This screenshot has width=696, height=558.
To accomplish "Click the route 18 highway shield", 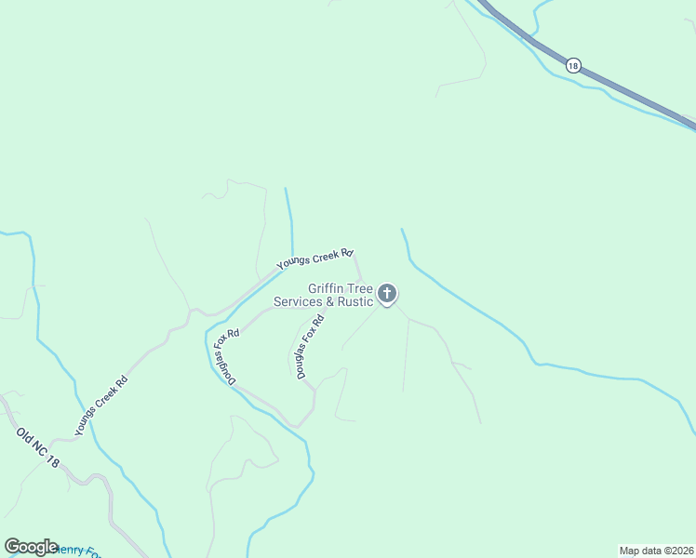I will [x=572, y=65].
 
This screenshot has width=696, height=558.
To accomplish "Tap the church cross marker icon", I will [x=387, y=295].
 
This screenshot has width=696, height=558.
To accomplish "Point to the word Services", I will [x=297, y=301].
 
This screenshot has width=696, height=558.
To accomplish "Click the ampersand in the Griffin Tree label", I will [x=329, y=301].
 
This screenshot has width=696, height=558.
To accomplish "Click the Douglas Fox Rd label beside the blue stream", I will [x=226, y=356].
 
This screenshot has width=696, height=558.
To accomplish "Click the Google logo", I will [x=31, y=547].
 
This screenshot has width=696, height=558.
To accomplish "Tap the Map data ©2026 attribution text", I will [x=656, y=550].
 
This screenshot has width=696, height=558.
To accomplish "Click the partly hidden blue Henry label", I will [x=79, y=551].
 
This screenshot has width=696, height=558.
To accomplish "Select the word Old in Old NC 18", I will [x=24, y=436].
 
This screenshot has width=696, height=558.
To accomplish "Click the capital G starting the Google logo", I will [x=12, y=547].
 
